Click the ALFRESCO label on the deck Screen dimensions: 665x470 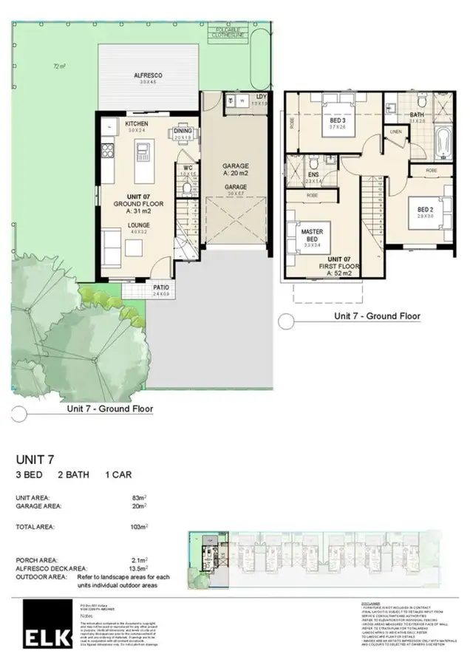pos(148,75)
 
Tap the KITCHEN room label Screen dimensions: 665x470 pos(137,123)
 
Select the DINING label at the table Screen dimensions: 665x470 pos(183,131)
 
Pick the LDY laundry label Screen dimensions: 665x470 pos(262,97)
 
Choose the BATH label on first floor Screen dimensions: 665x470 pos(417,115)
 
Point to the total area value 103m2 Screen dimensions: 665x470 pos(138,528)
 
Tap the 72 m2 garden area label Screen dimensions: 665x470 pos(60,66)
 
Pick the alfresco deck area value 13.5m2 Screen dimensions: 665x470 pos(136,570)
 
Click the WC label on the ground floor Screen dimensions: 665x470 pos(188,168)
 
